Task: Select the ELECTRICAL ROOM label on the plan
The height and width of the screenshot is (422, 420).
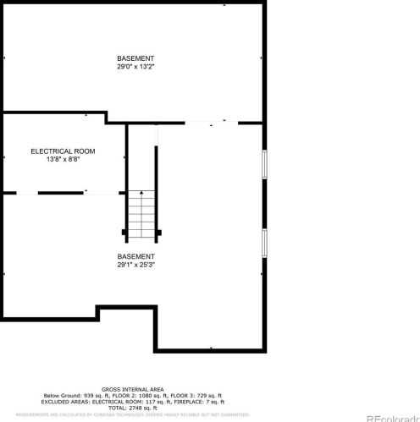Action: (63, 151)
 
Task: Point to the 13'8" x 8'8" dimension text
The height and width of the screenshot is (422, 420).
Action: (63, 159)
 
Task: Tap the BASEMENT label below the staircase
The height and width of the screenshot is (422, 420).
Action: (135, 256)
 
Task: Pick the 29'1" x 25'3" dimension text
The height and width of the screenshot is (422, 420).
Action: (135, 265)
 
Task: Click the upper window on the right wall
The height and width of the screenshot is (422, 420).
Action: (264, 164)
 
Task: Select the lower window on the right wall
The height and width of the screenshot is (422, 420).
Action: (264, 243)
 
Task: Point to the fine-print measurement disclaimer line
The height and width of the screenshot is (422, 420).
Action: (125, 414)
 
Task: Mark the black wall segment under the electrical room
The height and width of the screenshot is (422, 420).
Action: (60, 193)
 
